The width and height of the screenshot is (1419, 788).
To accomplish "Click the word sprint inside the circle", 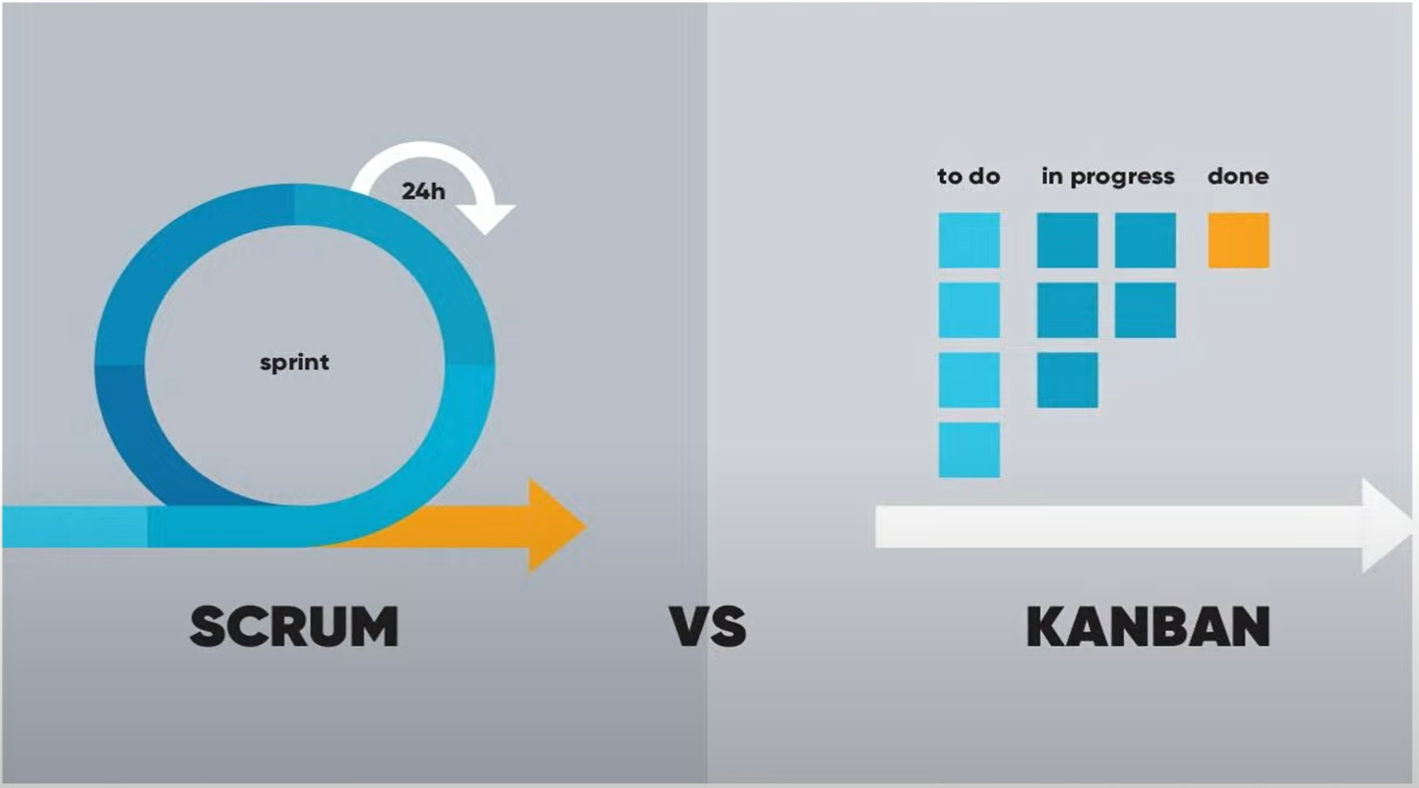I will tap(294, 362).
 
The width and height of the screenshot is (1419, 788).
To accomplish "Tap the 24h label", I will tap(423, 191).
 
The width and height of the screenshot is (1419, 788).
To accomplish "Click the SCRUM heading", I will tap(294, 626).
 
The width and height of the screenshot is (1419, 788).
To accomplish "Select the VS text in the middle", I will tap(708, 626).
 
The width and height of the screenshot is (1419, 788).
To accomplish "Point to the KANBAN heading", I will tap(1147, 626).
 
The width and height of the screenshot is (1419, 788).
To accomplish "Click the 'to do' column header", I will tap(968, 176).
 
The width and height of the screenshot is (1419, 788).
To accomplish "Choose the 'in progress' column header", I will tap(1107, 177).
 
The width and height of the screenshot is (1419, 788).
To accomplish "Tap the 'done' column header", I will tap(1238, 176).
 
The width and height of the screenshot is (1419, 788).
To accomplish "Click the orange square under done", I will tap(1238, 241).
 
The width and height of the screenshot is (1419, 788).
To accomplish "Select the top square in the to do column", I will tap(969, 241).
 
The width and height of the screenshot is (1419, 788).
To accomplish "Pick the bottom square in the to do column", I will tap(969, 450).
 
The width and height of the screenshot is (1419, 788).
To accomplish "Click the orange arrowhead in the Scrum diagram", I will tap(555, 526).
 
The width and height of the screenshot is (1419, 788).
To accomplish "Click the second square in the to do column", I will tap(969, 310).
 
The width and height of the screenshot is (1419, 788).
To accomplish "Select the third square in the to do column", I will tap(969, 380).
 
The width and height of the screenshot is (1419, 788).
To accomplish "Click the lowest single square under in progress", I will tap(1067, 380).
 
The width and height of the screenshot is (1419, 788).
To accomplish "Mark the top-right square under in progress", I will tap(1145, 241).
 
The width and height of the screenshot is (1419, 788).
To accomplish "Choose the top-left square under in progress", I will tap(1067, 241).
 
